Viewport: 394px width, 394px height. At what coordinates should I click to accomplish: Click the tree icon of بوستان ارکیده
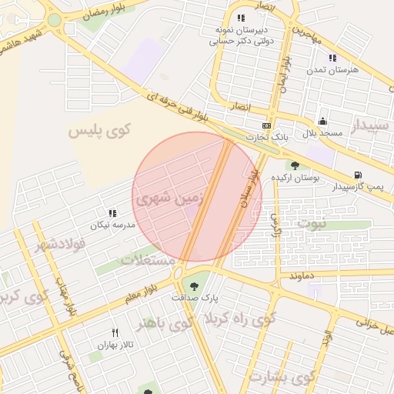(x=295, y=165)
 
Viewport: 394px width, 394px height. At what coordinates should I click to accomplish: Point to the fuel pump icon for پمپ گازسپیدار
(x=357, y=175)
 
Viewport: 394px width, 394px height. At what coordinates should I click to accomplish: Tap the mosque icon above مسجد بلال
(x=322, y=122)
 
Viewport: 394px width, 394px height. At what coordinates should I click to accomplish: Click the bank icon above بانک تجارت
(x=266, y=125)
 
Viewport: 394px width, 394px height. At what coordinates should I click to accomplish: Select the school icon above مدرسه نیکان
(x=112, y=213)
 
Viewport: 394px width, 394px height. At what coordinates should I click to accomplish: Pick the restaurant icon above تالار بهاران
(x=115, y=333)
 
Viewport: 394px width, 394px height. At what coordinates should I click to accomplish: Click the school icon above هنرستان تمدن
(x=332, y=58)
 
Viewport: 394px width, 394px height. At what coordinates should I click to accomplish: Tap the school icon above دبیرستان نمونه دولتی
(x=242, y=18)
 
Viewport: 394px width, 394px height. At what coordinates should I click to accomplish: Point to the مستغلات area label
(x=147, y=259)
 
